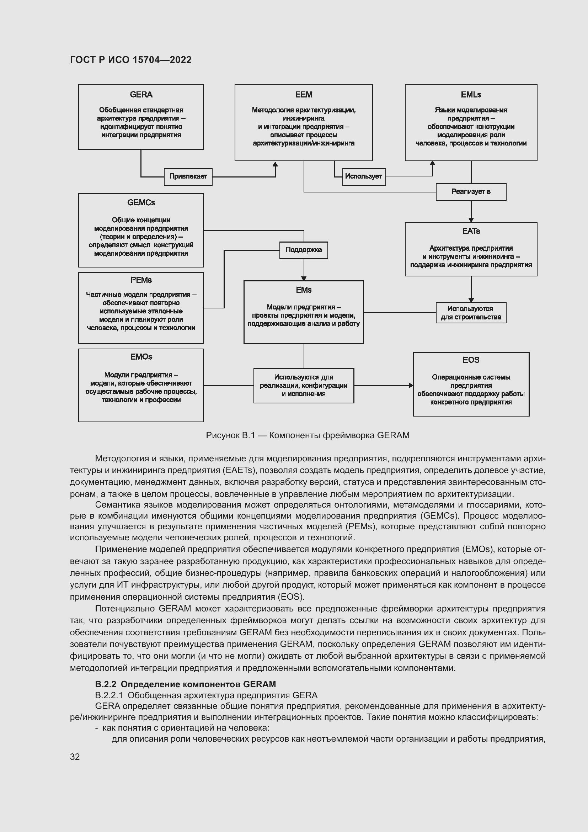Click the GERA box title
pos(141,95)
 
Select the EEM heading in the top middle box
pos(303,95)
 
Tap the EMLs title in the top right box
pos(471,95)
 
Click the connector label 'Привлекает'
pos(188,176)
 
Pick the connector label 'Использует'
pos(364,176)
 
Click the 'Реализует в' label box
pos(471,192)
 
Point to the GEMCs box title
pos(141,202)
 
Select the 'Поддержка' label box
pos(303,250)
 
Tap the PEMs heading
pos(141,280)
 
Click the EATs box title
pos(471,231)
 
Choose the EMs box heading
pos(303,290)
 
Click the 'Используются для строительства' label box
pos(471,313)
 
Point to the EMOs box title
pos(141,357)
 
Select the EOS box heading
pos(471,360)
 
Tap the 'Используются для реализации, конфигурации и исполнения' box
pos(303,386)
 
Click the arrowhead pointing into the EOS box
pos(411,386)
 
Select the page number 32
pos(75,757)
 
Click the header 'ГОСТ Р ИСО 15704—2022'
pos(131,60)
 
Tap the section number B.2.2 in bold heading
pos(105,684)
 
